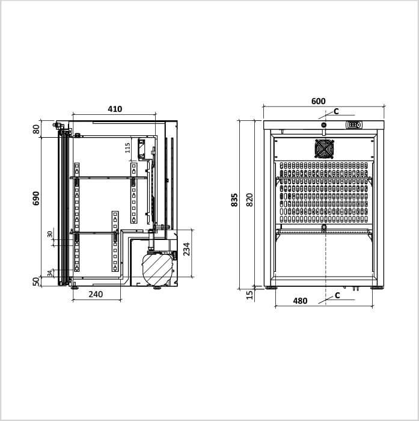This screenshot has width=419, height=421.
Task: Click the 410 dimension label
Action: [x=115, y=109]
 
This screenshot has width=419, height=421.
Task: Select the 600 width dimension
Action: [x=319, y=101]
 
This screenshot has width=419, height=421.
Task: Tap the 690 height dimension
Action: [x=35, y=198]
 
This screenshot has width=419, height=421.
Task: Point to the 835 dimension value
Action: [x=234, y=200]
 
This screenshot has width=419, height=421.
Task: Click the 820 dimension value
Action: [x=249, y=200]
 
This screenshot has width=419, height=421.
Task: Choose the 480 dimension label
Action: [x=300, y=301]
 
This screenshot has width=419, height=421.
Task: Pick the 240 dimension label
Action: [x=96, y=294]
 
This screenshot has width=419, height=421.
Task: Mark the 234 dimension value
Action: [x=186, y=249]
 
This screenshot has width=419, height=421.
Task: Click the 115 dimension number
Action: [x=127, y=148]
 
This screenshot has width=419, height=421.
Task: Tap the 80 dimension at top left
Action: [x=36, y=129]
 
